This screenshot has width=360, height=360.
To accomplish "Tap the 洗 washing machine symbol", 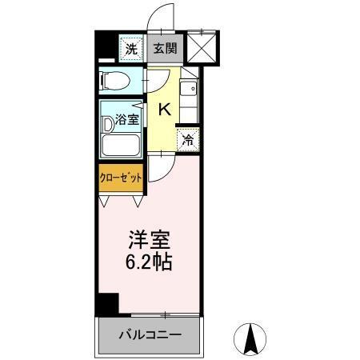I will [x=131, y=48].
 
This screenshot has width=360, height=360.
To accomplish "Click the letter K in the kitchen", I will [x=164, y=110].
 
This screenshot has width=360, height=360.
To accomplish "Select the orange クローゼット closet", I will [x=121, y=178].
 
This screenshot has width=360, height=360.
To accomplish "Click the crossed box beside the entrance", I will [x=202, y=46].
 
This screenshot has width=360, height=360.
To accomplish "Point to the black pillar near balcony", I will [x=106, y=305].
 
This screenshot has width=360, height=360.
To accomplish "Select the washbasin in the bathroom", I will [x=110, y=125].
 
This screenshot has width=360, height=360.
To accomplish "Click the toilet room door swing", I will [x=154, y=82].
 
